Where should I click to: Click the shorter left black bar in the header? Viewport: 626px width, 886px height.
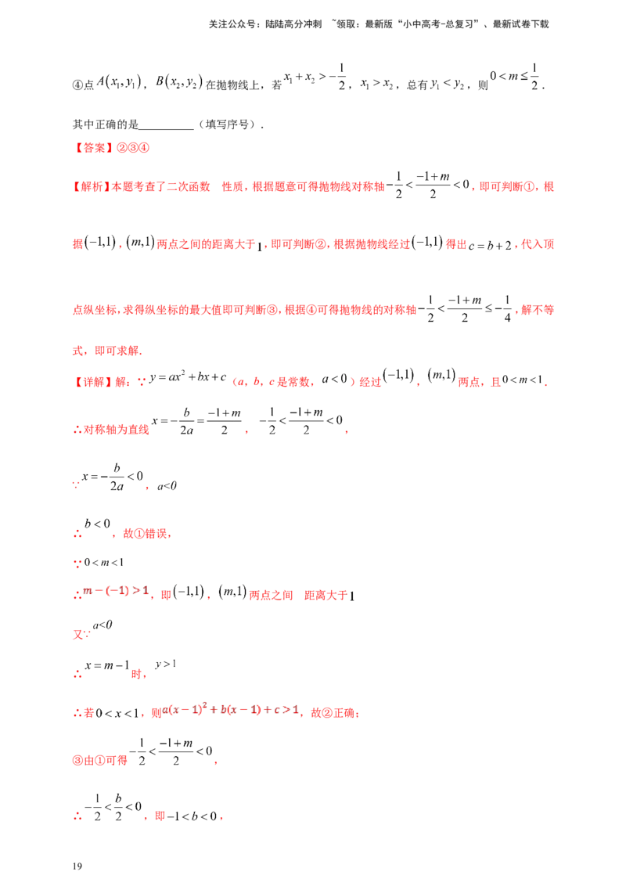tap(265, 25)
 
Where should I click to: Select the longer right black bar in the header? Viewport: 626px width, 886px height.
tap(441, 25)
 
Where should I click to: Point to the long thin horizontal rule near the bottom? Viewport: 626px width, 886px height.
tap(423, 753)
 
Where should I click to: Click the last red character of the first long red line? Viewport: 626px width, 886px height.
tap(550, 186)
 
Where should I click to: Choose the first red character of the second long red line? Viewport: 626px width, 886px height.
tap(76, 244)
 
